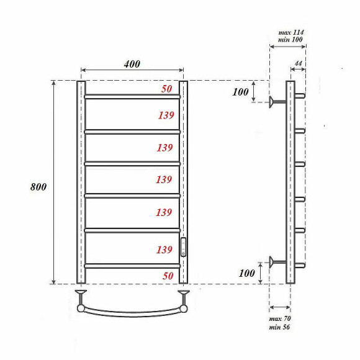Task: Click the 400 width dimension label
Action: click(x=132, y=64)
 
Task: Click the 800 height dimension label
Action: click(x=38, y=187)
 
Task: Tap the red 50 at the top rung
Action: click(x=167, y=89)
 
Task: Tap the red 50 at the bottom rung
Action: click(x=168, y=276)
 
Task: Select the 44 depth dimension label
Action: click(x=298, y=63)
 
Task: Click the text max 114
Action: click(x=291, y=32)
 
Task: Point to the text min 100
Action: click(x=290, y=40)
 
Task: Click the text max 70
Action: click(x=280, y=318)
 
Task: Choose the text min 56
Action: click(x=279, y=326)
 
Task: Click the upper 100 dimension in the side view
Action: click(x=240, y=92)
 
